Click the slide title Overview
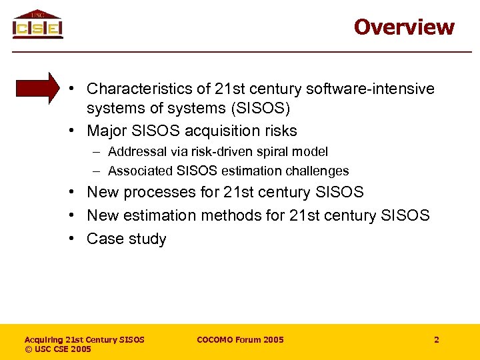[404, 27]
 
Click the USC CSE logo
[37, 25]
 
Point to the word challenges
[318, 171]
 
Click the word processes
[153, 193]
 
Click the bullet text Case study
[127, 239]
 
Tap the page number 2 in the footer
[437, 340]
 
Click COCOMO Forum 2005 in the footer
[240, 340]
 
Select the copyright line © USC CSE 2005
[58, 349]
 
